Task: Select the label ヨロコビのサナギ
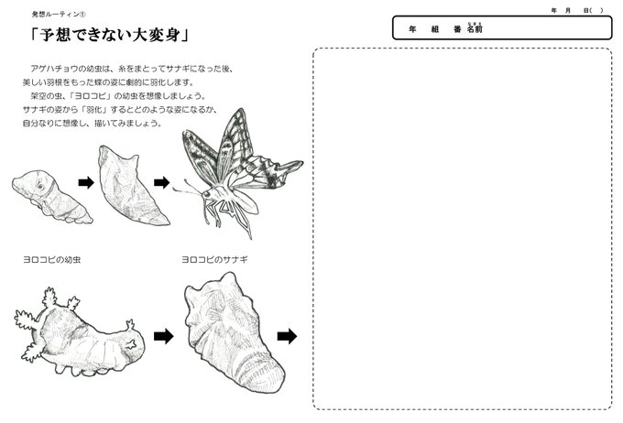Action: pyautogui.click(x=215, y=260)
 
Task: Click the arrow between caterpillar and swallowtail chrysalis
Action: pyautogui.click(x=86, y=183)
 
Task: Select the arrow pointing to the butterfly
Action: pyautogui.click(x=162, y=183)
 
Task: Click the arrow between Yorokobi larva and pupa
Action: pyautogui.click(x=163, y=337)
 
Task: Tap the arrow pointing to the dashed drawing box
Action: pyautogui.click(x=287, y=337)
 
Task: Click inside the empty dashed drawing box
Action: pyautogui.click(x=463, y=229)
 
